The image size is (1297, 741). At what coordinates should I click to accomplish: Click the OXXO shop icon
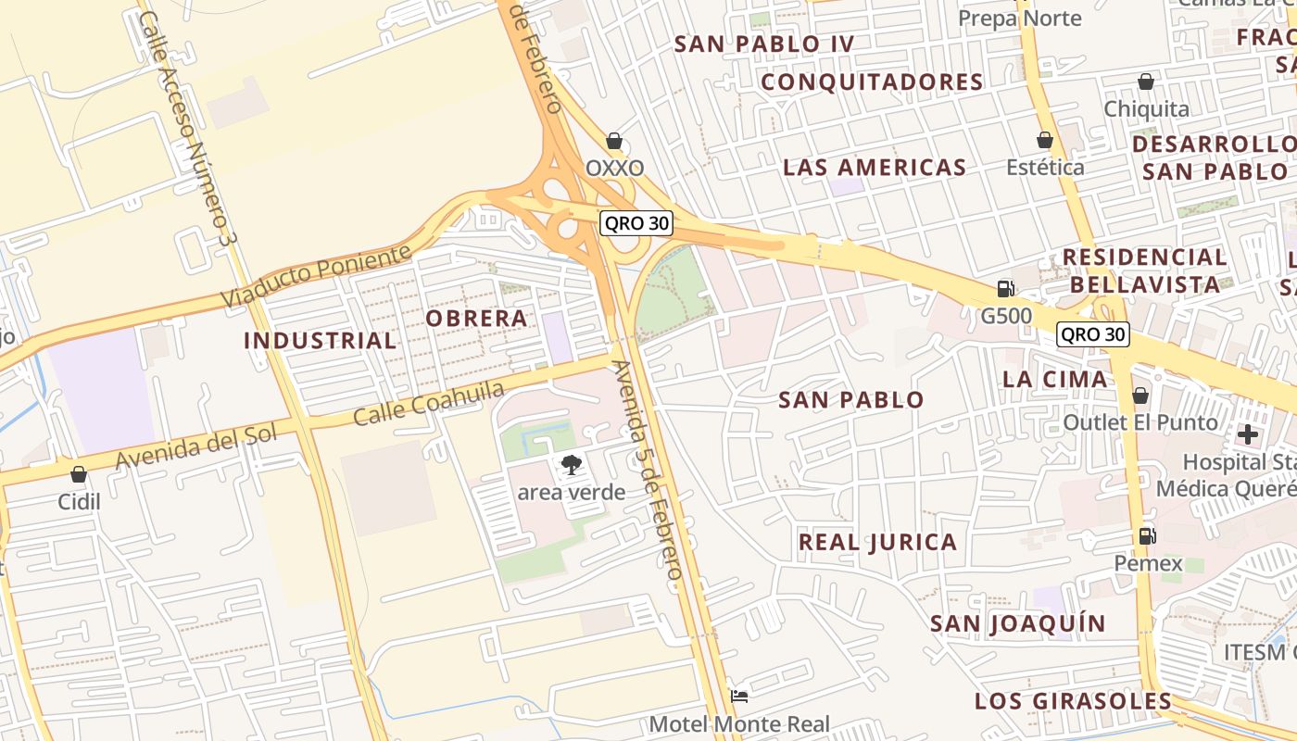click(x=613, y=142)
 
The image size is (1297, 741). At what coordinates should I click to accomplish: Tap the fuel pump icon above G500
click(x=1005, y=288)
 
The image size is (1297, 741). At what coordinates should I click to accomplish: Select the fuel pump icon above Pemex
click(x=1147, y=535)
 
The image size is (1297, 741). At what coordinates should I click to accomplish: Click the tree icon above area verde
click(x=572, y=464)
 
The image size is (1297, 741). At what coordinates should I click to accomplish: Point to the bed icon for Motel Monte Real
click(x=739, y=696)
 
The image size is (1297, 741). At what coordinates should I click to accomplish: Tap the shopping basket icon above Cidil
click(x=79, y=474)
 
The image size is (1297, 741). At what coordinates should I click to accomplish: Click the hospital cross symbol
click(x=1247, y=433)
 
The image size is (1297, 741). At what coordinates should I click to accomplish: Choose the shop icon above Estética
click(x=1045, y=140)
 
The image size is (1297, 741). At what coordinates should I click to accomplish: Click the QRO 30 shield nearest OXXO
click(x=636, y=223)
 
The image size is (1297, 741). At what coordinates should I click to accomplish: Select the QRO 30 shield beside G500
click(x=1093, y=334)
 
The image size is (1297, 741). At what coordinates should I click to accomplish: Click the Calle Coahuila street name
click(x=429, y=403)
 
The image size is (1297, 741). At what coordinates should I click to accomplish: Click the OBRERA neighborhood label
click(x=476, y=318)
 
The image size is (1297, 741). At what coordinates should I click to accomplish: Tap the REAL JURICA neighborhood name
click(x=877, y=542)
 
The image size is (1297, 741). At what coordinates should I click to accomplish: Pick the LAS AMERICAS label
click(x=875, y=168)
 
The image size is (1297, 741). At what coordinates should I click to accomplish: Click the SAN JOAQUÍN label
click(x=1018, y=623)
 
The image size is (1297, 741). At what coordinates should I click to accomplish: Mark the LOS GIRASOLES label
click(x=1073, y=700)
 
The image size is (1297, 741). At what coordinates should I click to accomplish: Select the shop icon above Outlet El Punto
click(x=1140, y=396)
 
